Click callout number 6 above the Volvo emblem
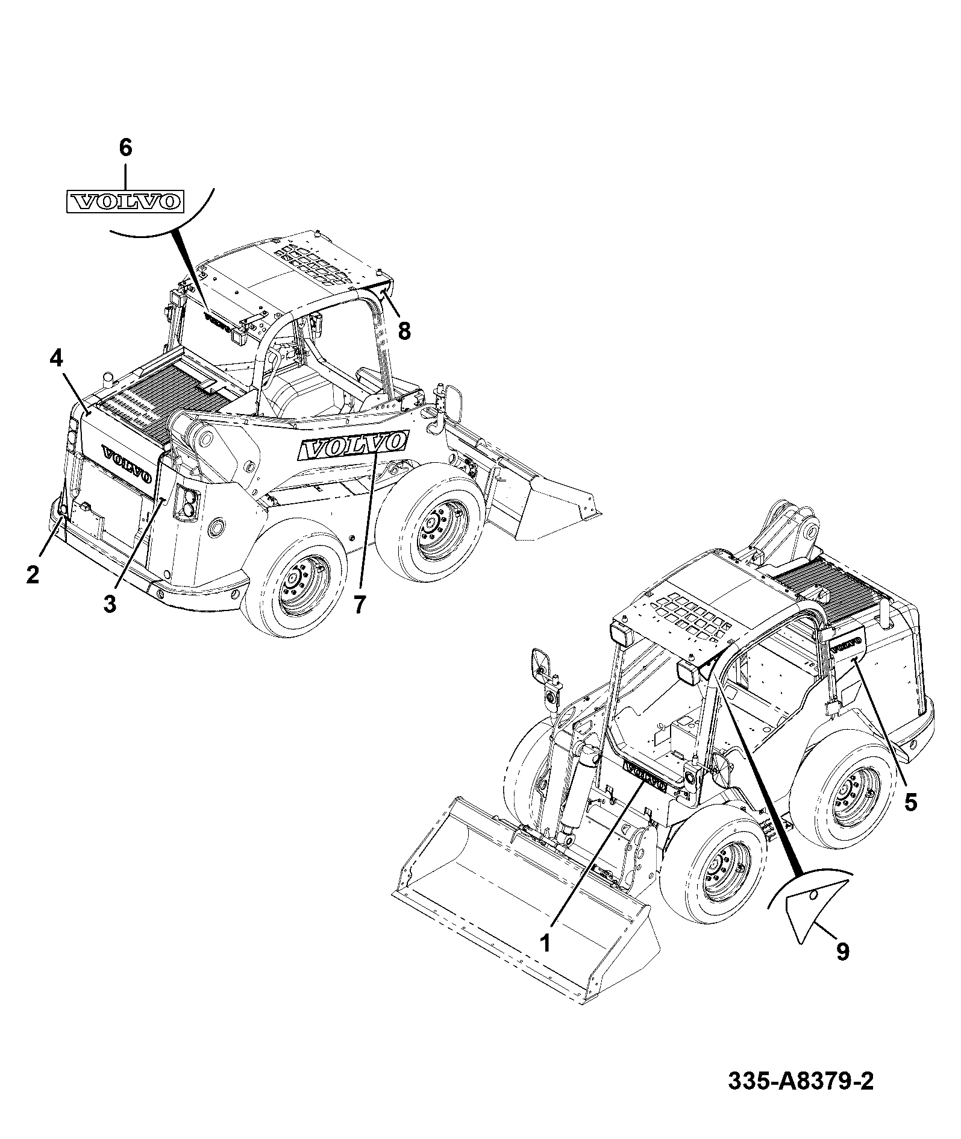click(125, 148)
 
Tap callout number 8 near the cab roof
click(404, 330)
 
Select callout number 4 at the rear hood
click(55, 359)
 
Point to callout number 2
click(33, 574)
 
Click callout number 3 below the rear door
click(109, 603)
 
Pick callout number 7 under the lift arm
click(359, 604)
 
